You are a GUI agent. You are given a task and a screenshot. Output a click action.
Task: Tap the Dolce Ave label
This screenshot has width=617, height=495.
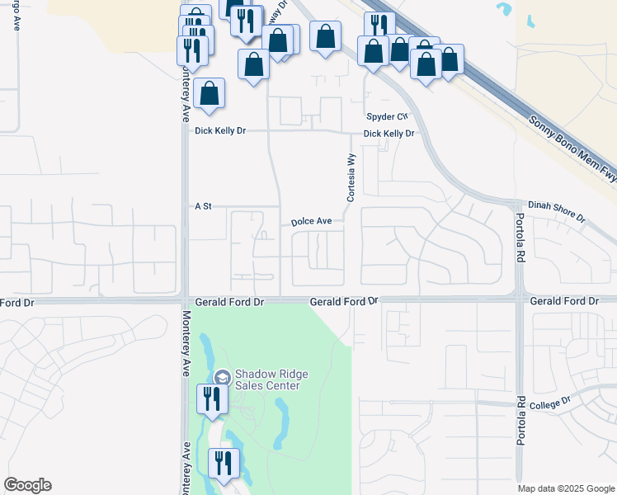coord(311,222)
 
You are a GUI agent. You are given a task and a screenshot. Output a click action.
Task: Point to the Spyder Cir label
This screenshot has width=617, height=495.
coord(387,117)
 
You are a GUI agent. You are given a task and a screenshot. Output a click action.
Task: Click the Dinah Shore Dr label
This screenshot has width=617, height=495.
coord(557,212)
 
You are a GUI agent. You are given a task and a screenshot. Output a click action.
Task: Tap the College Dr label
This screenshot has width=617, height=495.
coord(555,402)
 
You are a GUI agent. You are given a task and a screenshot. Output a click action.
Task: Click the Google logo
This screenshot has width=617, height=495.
coord(27,485)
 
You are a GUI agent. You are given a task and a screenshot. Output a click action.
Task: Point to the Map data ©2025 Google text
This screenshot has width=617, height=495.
coord(566,488)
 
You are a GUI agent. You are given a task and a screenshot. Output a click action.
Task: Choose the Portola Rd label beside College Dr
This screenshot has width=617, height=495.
coord(521,421)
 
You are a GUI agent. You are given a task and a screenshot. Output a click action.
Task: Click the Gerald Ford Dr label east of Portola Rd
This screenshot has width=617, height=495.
coord(564,302)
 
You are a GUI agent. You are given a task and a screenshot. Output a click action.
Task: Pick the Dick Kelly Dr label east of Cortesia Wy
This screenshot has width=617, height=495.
coord(388,134)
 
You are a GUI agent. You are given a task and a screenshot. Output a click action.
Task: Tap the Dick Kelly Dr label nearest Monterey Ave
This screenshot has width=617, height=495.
coord(220,131)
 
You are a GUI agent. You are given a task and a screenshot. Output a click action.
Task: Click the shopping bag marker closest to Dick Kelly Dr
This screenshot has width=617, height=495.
coord(210,93)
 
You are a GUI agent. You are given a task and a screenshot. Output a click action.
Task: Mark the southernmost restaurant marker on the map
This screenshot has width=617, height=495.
coord(223,464)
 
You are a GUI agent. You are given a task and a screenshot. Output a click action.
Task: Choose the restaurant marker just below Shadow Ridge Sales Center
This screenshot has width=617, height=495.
coord(210,399)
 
